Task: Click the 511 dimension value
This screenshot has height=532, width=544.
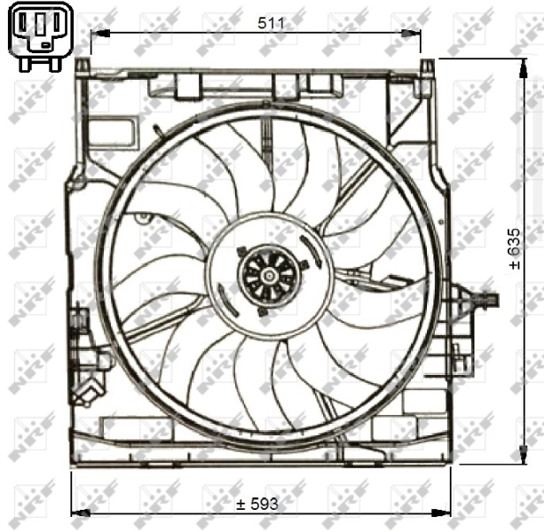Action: click(272, 23)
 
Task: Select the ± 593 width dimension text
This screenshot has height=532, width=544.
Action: click(257, 503)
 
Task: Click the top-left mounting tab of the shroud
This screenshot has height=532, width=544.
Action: click(83, 66)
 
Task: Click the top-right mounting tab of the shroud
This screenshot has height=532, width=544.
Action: click(426, 67)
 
